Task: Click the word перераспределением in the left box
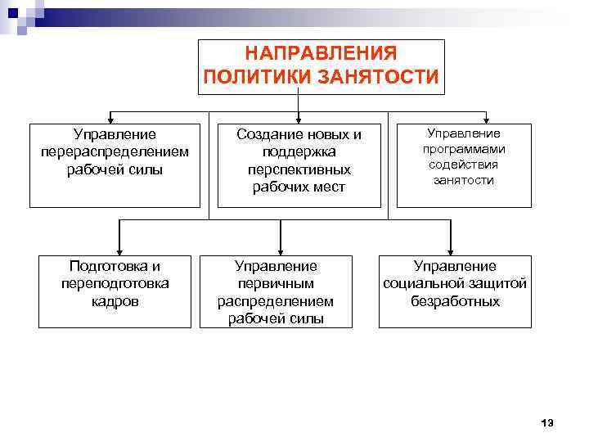coord(115,151)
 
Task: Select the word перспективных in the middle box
coord(299,169)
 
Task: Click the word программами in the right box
coord(464,149)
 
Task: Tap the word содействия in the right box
coord(464,165)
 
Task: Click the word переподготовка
coord(115,283)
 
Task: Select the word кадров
coord(115,301)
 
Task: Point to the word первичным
coord(276,283)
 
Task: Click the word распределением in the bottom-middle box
coord(276,301)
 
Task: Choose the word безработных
coord(455,301)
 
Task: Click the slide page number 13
coord(547,422)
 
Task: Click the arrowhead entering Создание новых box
coord(299,120)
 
